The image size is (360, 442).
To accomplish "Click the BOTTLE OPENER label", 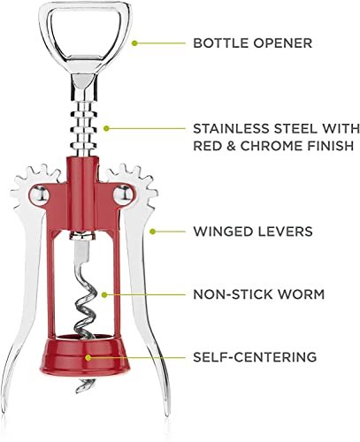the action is [x=252, y=43].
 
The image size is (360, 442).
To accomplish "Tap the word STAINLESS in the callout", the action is [x=231, y=129].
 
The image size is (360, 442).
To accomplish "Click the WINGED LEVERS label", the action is [x=253, y=232].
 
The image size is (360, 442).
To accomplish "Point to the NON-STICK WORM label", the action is [x=258, y=294].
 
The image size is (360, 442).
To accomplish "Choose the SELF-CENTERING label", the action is [x=255, y=357].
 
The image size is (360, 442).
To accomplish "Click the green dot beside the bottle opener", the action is [x=134, y=43].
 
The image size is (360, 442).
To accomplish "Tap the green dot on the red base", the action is [x=88, y=357].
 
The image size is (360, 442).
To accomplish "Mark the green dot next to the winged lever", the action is [x=152, y=232].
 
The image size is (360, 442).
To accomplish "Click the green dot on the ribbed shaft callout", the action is [x=106, y=128].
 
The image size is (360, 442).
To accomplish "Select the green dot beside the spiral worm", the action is [x=104, y=294].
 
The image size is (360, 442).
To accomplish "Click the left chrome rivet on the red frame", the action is [x=39, y=194].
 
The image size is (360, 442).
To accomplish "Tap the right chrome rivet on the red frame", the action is [x=124, y=194].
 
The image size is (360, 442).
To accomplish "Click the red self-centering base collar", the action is [x=85, y=355].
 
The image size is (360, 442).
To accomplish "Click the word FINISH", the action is [x=331, y=146].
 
